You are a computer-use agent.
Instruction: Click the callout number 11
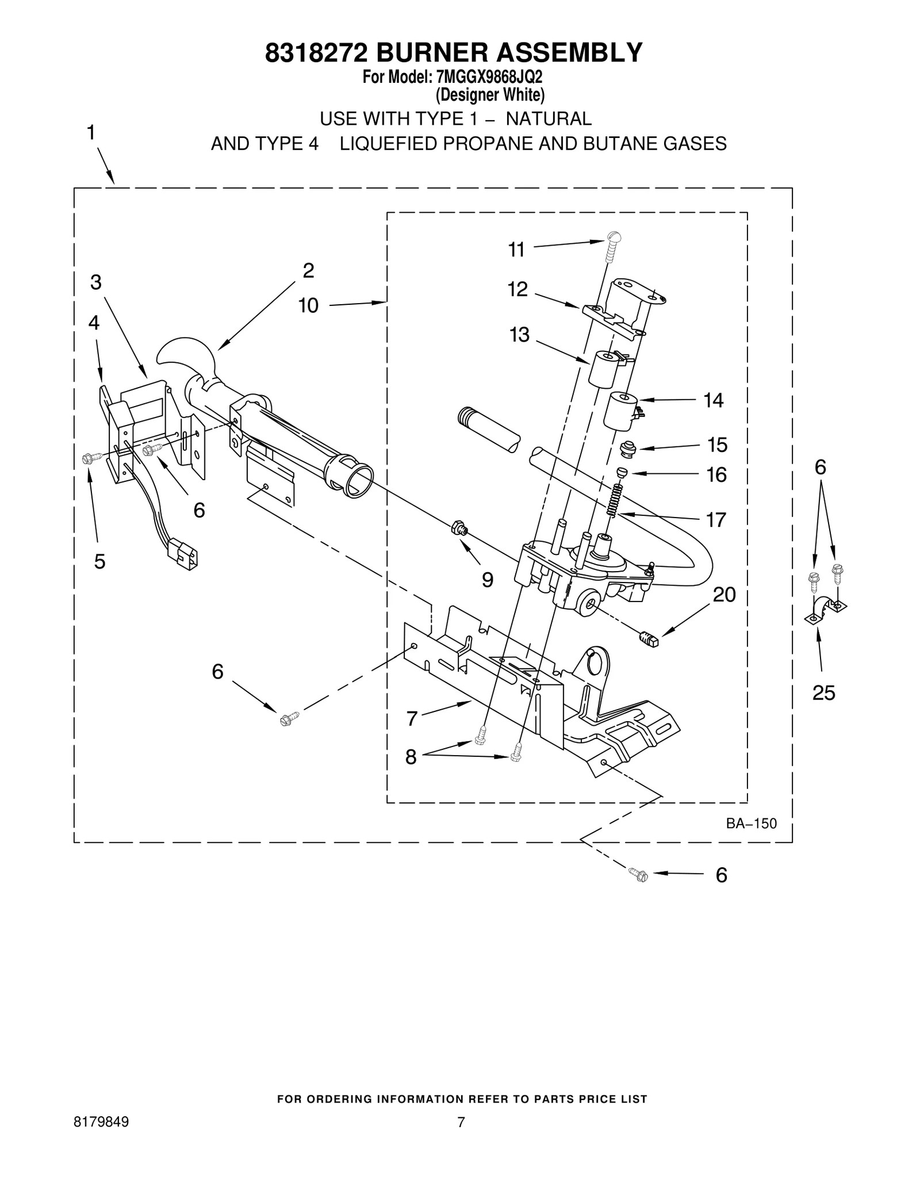[516, 250]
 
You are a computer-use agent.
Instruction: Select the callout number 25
[823, 693]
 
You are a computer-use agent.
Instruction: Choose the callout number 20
[724, 595]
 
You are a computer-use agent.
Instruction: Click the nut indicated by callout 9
[459, 527]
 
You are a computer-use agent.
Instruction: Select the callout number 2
[309, 270]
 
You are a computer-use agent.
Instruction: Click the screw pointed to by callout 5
[89, 458]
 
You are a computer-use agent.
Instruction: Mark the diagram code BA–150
[751, 824]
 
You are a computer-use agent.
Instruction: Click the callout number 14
[714, 400]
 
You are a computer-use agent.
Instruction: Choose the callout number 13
[519, 334]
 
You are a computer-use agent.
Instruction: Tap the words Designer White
[489, 94]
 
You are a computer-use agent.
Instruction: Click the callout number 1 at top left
[91, 133]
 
